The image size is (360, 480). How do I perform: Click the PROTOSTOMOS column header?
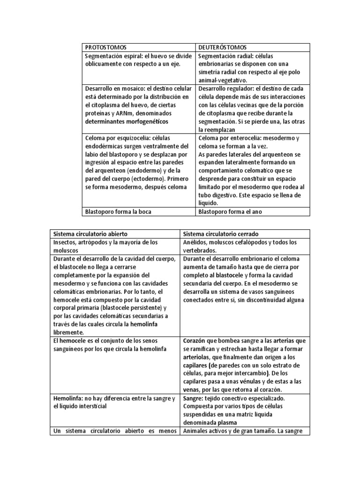(x=105, y=47)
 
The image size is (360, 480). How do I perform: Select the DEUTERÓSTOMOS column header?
(x=223, y=47)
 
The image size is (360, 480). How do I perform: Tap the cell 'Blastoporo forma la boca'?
(x=118, y=211)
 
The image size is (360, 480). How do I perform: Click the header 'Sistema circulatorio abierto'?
(x=90, y=233)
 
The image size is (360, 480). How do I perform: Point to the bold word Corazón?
(x=195, y=341)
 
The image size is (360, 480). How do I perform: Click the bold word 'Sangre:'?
(x=194, y=398)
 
